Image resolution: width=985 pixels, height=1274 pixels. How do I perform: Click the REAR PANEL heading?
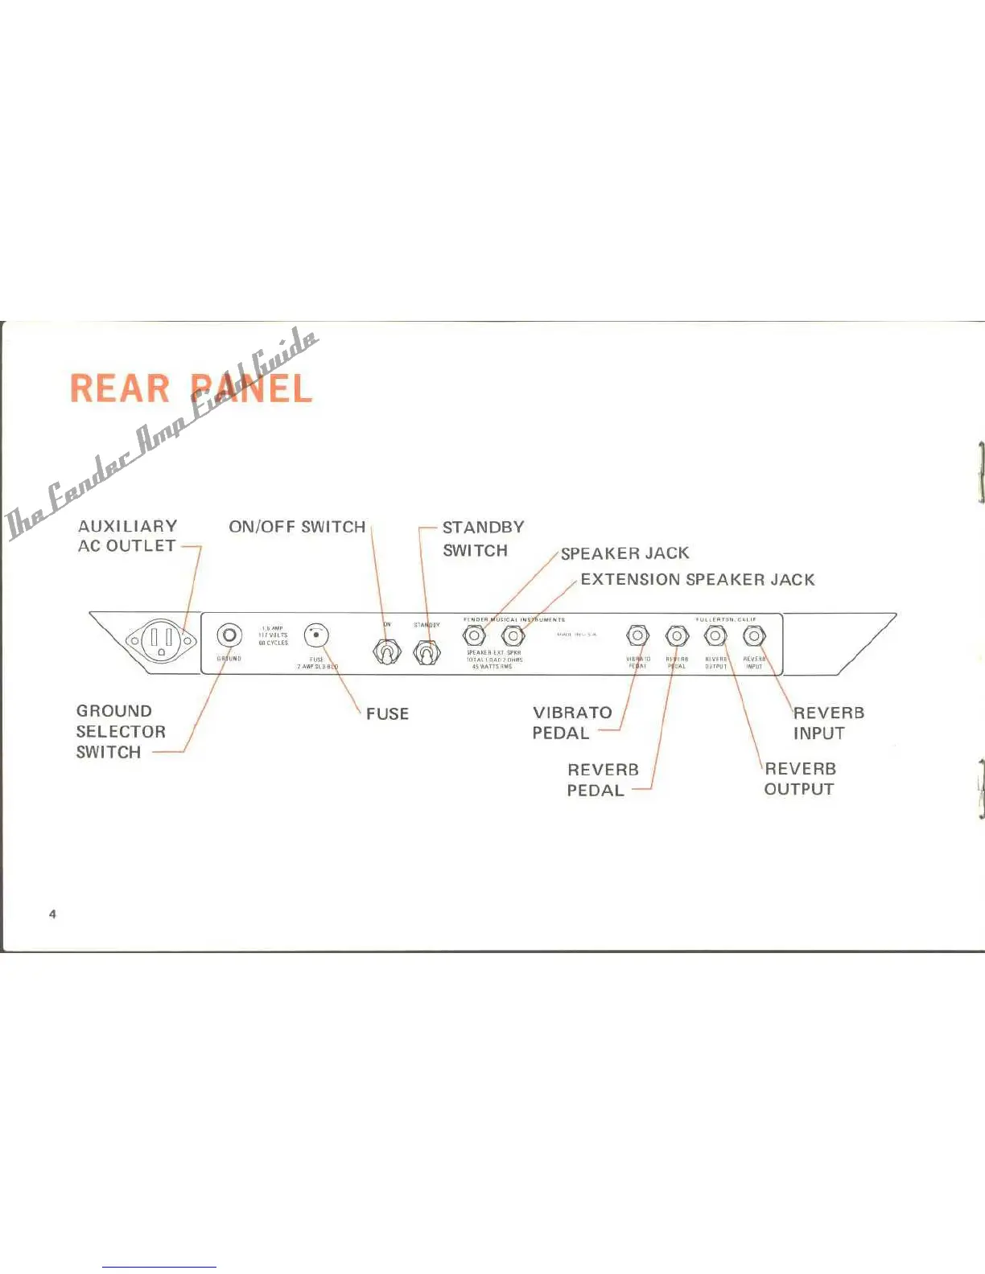click(191, 388)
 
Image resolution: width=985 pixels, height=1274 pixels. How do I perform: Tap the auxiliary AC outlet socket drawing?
click(162, 641)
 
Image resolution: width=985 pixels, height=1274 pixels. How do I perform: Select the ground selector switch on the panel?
click(229, 636)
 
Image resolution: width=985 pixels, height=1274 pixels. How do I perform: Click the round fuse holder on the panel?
click(316, 636)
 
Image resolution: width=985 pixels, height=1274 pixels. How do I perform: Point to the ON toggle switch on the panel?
click(387, 651)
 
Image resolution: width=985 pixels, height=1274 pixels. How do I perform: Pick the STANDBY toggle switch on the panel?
click(427, 652)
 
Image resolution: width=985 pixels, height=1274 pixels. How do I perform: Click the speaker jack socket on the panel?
click(474, 636)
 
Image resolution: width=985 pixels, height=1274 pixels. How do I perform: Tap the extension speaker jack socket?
click(513, 636)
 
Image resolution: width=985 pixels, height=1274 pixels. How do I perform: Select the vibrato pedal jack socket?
click(637, 636)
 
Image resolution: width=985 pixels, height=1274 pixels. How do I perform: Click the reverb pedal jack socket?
click(677, 636)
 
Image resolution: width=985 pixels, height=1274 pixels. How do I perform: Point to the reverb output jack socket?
click(715, 636)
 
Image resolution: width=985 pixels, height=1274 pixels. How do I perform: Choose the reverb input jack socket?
click(754, 636)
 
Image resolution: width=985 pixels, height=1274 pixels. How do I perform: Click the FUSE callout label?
click(387, 713)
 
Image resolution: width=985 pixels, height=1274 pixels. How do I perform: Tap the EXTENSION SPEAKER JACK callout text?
click(697, 579)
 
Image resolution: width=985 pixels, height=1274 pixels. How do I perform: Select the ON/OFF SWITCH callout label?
click(297, 527)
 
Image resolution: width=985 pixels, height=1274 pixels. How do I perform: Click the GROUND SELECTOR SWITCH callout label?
click(121, 731)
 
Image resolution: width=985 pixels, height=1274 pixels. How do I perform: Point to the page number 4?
click(52, 914)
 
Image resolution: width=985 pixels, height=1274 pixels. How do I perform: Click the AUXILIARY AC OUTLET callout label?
click(127, 536)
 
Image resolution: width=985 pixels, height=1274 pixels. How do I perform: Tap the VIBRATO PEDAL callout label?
click(571, 722)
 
